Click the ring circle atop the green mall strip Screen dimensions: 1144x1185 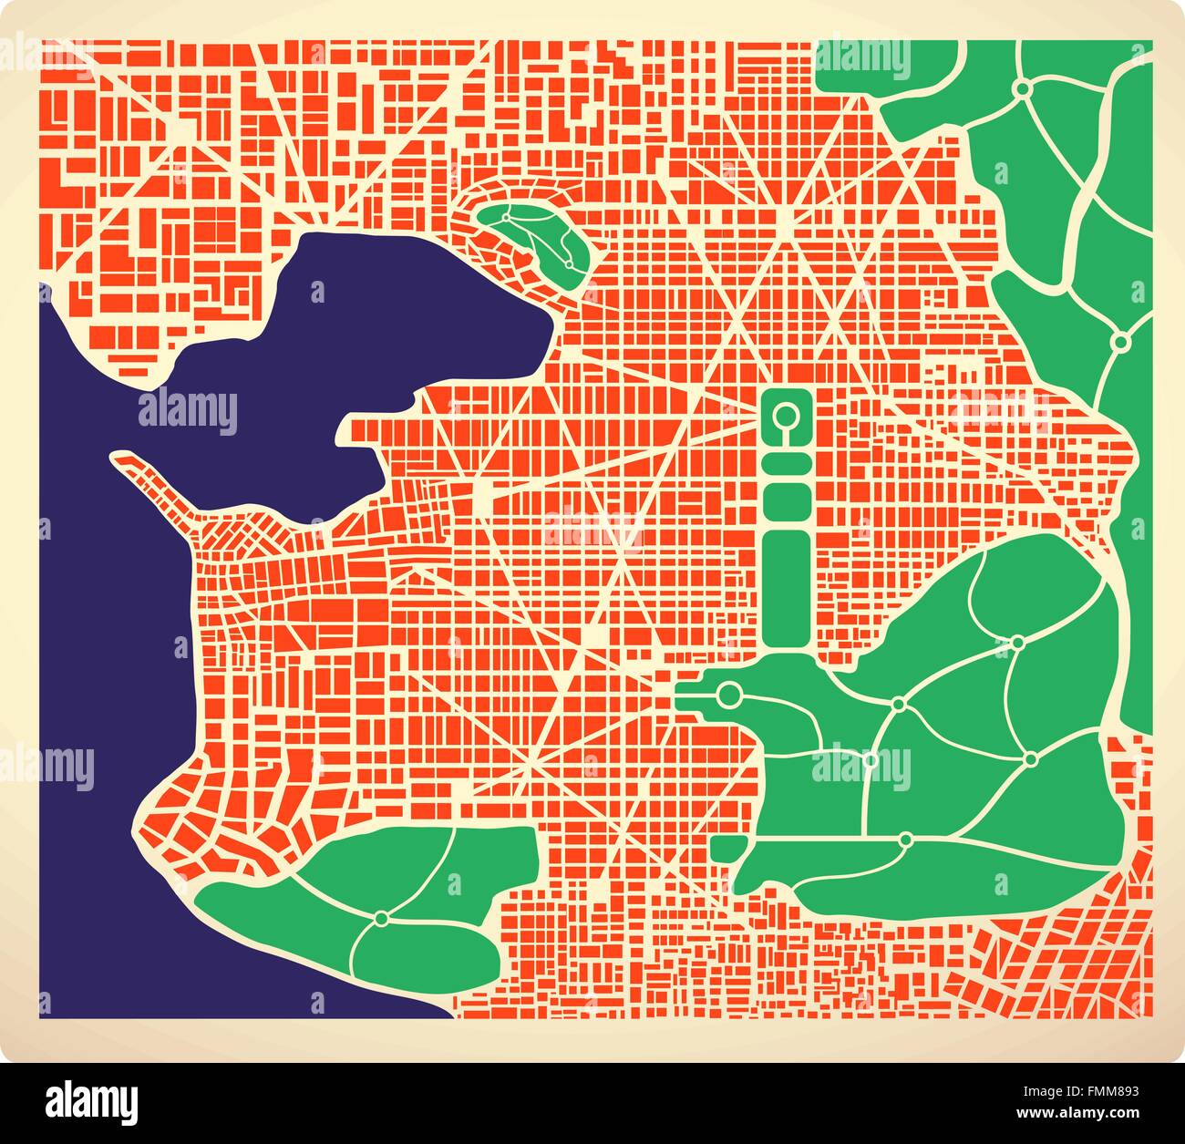(x=783, y=417)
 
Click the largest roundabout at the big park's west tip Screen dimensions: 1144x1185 (x=728, y=696)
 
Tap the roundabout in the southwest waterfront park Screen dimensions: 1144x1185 (x=381, y=917)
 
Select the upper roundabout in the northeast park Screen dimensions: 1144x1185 (x=1023, y=88)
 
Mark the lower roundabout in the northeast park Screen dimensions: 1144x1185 (x=1120, y=341)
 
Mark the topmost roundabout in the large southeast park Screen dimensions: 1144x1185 (x=1017, y=643)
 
